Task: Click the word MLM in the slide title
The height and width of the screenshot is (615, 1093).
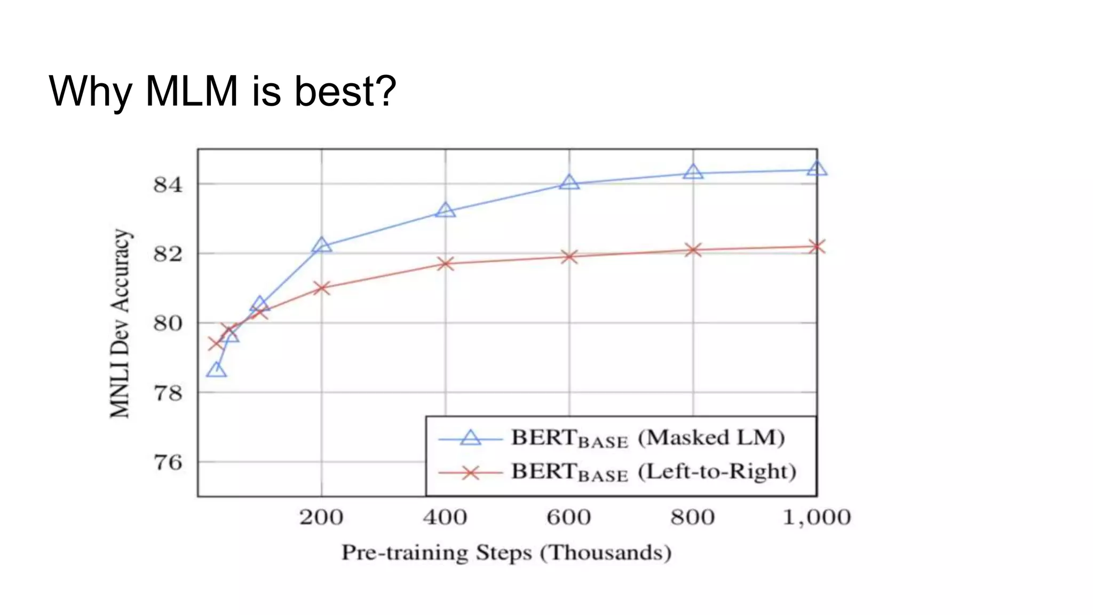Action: pyautogui.click(x=192, y=91)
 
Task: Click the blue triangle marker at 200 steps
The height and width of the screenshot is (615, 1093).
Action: pyautogui.click(x=321, y=246)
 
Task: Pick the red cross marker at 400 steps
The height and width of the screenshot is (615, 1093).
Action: pyautogui.click(x=445, y=264)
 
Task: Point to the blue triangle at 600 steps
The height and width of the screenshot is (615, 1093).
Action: pyautogui.click(x=569, y=183)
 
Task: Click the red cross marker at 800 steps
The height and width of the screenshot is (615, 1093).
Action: pyautogui.click(x=693, y=250)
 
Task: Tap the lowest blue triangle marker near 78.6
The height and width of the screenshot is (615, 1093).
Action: pyautogui.click(x=216, y=370)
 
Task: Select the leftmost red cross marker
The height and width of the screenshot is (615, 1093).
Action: pyautogui.click(x=216, y=343)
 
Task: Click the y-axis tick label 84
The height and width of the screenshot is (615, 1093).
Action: pyautogui.click(x=168, y=185)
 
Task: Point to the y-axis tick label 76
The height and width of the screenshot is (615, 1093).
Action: pyautogui.click(x=168, y=462)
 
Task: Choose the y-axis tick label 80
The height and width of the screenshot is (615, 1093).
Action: pyautogui.click(x=168, y=324)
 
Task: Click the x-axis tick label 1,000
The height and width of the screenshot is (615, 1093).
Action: pyautogui.click(x=816, y=517)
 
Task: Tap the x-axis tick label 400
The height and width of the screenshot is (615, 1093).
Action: pyautogui.click(x=445, y=517)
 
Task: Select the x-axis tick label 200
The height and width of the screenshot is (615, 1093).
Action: pyautogui.click(x=321, y=517)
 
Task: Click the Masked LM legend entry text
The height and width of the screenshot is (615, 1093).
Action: pyautogui.click(x=648, y=438)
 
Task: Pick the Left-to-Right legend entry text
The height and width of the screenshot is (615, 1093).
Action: pyautogui.click(x=653, y=472)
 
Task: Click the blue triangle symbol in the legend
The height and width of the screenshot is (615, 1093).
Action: pyautogui.click(x=471, y=438)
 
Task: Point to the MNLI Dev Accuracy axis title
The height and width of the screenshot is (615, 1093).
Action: pyautogui.click(x=120, y=324)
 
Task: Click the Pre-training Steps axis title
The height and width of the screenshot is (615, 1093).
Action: pyautogui.click(x=506, y=553)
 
